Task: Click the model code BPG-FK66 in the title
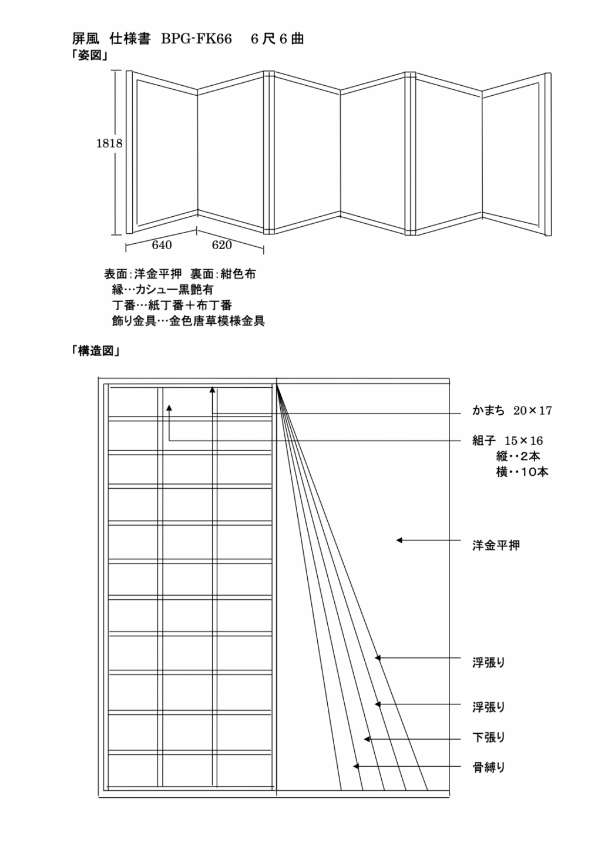coord(196,39)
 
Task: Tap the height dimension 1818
coord(109,143)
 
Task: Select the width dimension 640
coord(162,245)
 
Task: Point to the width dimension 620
coord(221,245)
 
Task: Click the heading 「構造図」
coord(96,351)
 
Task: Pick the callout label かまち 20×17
coord(512,411)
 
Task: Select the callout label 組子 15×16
coord(508,441)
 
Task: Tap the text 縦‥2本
coord(518,456)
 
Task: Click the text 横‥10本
coord(522,472)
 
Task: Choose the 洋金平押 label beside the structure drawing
coord(496,545)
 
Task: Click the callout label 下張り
coord(489,737)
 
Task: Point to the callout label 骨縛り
coord(489,767)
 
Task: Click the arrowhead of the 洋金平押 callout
coord(399,540)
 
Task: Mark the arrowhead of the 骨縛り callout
coord(355,766)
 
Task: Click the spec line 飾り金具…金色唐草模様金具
coord(189,321)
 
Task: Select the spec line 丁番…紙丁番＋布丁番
coord(172,305)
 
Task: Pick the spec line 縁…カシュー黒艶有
coord(163,290)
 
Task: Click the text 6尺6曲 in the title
coord(277,39)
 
